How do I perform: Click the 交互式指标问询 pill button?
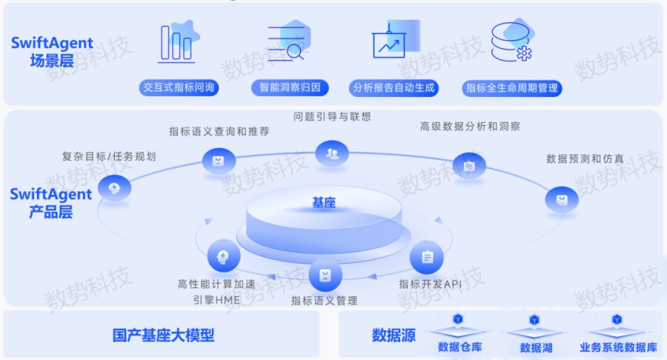point(179,87)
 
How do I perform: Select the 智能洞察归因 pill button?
point(290,87)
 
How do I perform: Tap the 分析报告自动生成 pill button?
point(394,88)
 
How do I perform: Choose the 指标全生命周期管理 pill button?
point(511,88)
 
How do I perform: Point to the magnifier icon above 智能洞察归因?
point(289,41)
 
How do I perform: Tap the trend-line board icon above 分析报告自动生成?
point(395,39)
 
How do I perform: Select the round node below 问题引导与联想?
point(332,153)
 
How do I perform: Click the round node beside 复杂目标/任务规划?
point(114,188)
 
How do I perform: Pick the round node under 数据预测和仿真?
point(562,199)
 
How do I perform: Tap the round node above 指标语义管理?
point(325,275)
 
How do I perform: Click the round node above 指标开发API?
point(427,257)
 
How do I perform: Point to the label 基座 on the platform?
point(324,203)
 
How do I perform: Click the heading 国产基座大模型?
point(163,336)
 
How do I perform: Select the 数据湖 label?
point(536,348)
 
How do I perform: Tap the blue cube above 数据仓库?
point(458,319)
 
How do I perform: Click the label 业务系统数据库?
point(618,347)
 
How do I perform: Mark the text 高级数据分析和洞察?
point(470,126)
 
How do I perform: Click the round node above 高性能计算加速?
point(224,256)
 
